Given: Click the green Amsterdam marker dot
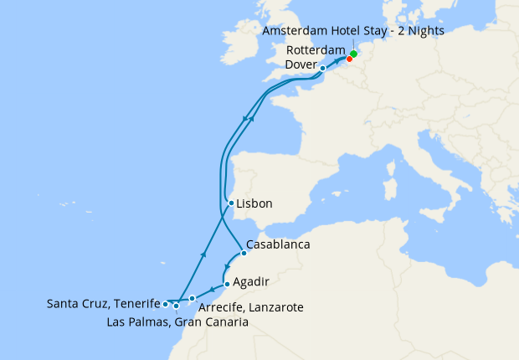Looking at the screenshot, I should [354, 54].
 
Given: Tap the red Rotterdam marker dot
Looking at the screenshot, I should [349, 59].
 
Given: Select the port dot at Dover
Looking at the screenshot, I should [323, 68].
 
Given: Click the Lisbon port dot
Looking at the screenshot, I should [231, 203].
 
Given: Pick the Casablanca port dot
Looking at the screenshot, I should [243, 253].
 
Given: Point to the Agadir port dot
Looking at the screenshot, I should [227, 284].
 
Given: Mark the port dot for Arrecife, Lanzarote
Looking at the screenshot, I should [193, 298].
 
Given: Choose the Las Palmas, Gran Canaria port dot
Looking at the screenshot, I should [176, 306].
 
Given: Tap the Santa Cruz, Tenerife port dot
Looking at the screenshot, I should [166, 304].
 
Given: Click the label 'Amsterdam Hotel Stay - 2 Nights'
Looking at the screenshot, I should [352, 30].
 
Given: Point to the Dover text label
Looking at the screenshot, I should [301, 64].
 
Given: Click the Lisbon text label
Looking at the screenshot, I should [254, 203].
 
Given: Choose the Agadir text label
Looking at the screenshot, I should [251, 283].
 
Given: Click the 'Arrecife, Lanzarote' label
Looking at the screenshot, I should [250, 308].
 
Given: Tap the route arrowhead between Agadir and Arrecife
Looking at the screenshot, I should [212, 291].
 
